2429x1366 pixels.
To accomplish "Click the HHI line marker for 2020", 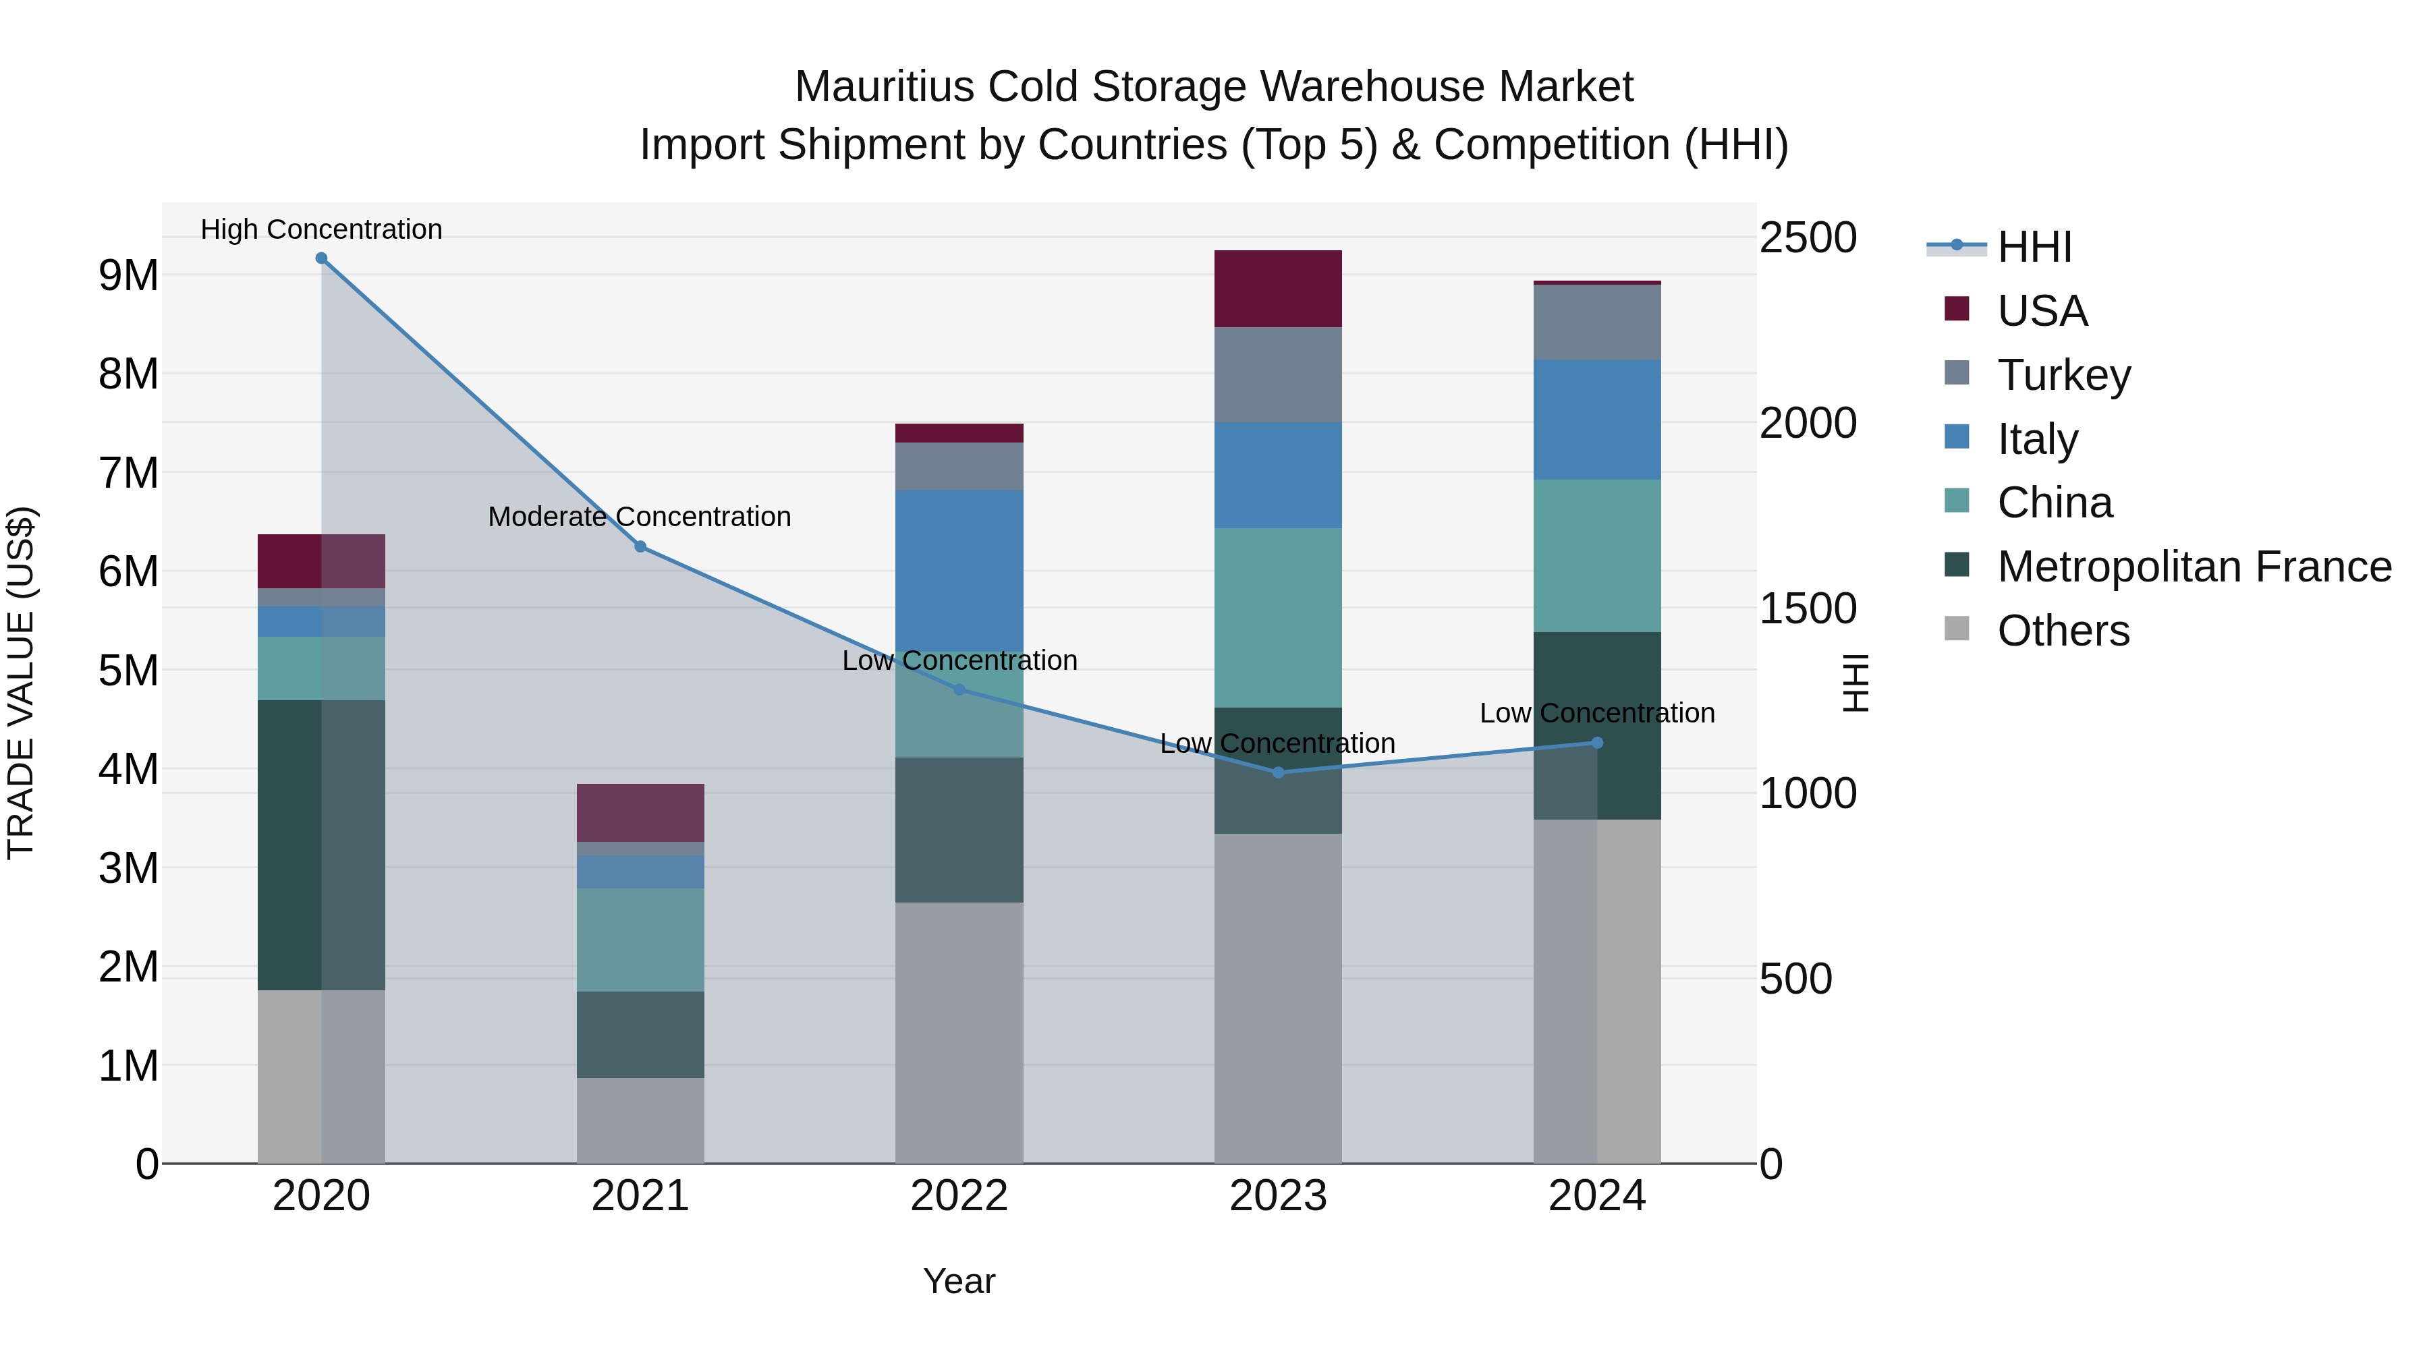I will click(322, 258).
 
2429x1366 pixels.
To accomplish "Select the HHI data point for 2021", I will click(640, 547).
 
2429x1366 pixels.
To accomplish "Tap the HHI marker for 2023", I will click(1279, 773).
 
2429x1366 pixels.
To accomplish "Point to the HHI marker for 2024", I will click(1597, 743).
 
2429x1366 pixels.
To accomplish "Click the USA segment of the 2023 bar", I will click(1278, 289).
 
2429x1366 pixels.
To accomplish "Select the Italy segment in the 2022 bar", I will click(959, 566).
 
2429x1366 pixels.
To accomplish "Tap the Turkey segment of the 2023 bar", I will click(1278, 375).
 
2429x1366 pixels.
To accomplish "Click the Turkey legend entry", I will click(2063, 375).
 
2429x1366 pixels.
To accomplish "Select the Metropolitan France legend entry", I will click(2194, 567).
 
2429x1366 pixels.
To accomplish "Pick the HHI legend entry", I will click(2034, 247).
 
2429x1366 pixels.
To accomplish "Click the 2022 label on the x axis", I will click(959, 1196).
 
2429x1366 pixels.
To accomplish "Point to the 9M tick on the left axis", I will click(128, 275).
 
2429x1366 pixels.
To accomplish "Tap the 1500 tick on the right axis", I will click(1808, 609).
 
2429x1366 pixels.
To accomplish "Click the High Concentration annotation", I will click(322, 229).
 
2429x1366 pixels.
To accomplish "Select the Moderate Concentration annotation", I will click(640, 517).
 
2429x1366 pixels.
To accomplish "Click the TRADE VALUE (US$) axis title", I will click(22, 683).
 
